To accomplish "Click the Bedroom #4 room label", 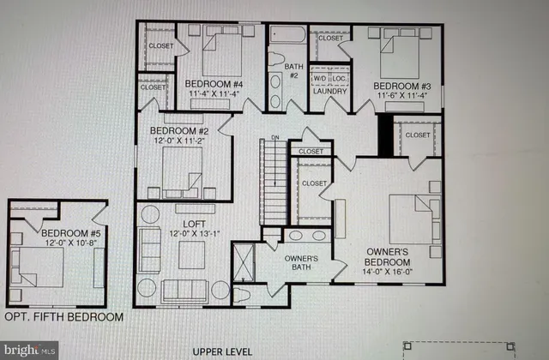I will coord(210,84).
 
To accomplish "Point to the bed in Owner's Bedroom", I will coord(412,218).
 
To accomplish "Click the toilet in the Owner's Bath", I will coord(244,294).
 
